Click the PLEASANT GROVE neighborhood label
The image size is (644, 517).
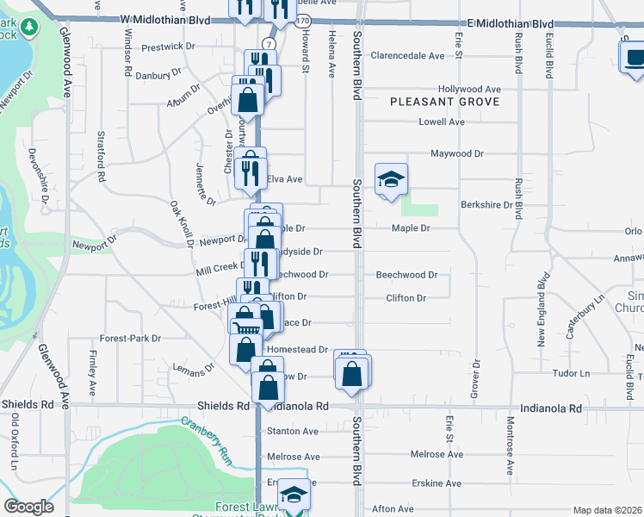(x=444, y=102)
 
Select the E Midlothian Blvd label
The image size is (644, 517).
(x=511, y=23)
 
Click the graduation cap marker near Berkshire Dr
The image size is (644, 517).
(x=391, y=180)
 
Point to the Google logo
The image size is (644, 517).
(x=28, y=507)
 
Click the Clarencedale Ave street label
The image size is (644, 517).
(x=407, y=56)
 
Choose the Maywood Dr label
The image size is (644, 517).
(x=457, y=153)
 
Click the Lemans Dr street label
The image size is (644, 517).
(x=198, y=367)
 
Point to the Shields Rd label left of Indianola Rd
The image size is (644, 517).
(x=223, y=405)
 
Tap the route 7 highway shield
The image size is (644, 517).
(x=269, y=43)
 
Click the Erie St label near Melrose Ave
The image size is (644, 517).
(x=449, y=424)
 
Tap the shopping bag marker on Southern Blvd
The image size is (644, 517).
(x=352, y=374)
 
